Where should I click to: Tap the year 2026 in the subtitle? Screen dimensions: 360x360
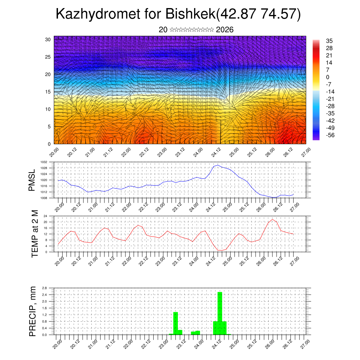coord(225,30)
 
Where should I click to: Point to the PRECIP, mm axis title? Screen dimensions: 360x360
coord(33,311)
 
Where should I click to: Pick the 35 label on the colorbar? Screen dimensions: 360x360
coord(329,41)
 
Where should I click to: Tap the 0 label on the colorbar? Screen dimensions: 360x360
coord(328,77)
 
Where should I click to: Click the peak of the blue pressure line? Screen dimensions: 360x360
coord(218,165)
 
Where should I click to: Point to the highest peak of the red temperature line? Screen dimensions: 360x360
coord(272,219)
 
